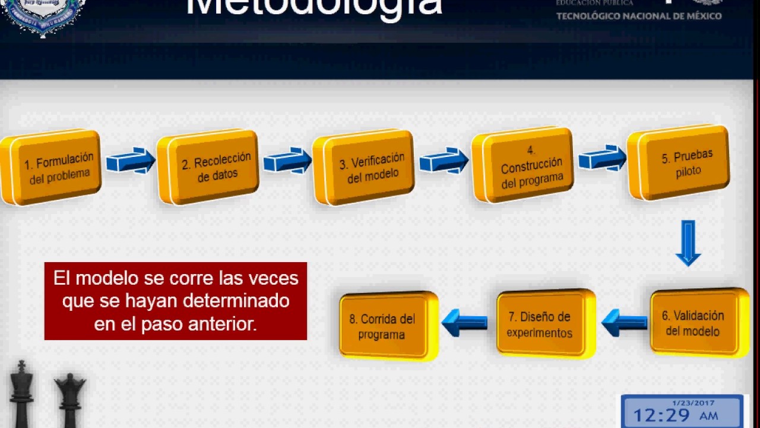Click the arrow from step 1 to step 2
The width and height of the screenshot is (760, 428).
[x=130, y=160]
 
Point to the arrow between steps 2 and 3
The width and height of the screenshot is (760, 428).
[x=287, y=160]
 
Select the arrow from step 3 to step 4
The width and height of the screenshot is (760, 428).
[x=444, y=160]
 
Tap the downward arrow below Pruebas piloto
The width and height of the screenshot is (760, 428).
[x=688, y=243]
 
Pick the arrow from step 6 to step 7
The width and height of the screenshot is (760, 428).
[x=625, y=323]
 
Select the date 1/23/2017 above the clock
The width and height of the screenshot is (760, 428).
[x=693, y=402]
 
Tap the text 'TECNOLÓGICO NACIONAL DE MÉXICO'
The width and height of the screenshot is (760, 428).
[x=639, y=16]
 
